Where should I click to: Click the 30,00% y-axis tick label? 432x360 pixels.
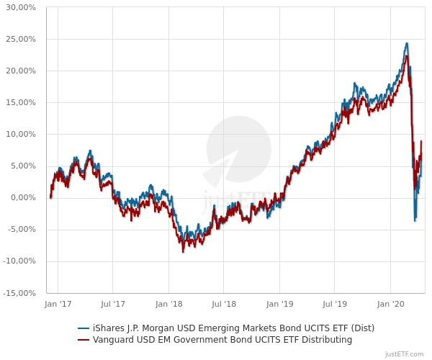pos(21,7)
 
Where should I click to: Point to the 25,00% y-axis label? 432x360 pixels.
pos(21,39)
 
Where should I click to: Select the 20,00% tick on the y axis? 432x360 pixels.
pos(21,71)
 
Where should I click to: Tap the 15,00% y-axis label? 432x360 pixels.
pos(21,102)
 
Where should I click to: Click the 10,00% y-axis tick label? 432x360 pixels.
pos(21,134)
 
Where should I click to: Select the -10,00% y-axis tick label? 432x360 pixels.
pos(19,261)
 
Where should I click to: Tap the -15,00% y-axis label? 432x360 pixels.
pos(19,293)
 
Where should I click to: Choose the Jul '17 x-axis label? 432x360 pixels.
pos(113,305)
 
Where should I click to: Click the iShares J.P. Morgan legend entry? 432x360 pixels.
pos(226,328)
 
